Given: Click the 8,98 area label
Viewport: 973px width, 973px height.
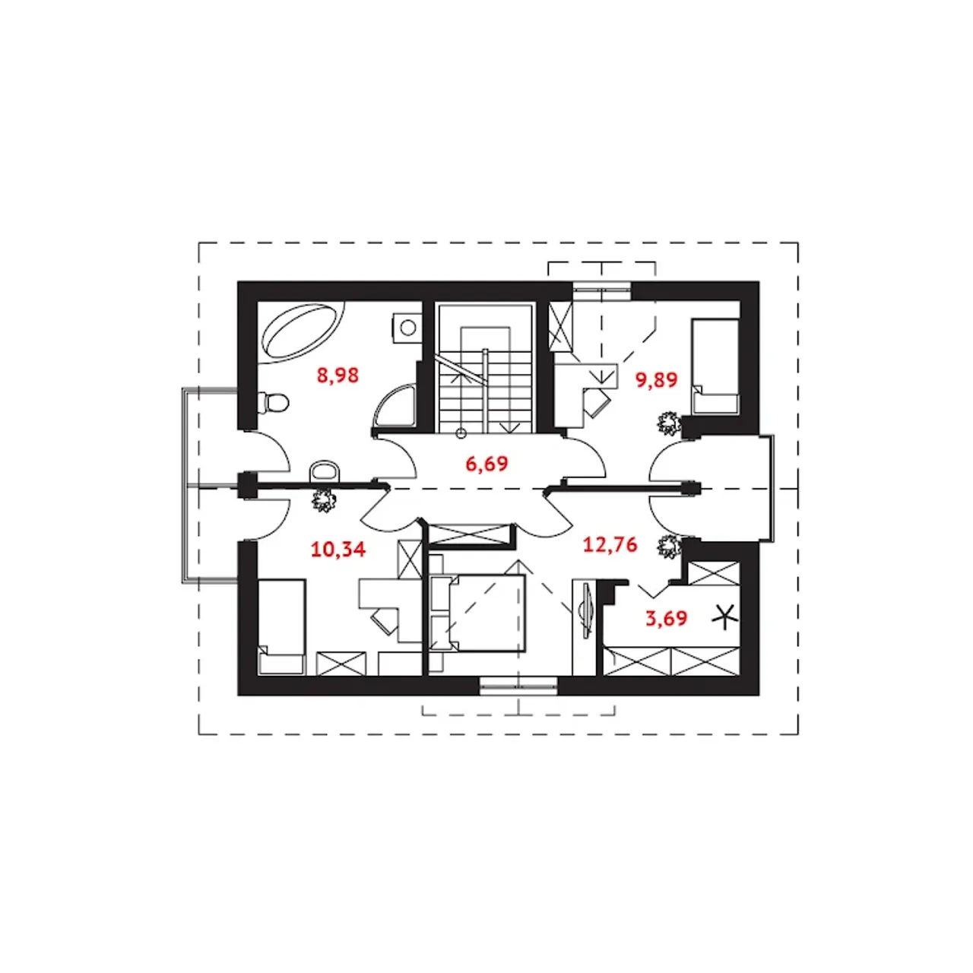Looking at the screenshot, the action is click(338, 376).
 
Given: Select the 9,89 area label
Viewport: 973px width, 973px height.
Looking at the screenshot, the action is click(656, 379).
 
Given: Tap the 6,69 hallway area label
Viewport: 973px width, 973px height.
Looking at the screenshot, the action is click(486, 463).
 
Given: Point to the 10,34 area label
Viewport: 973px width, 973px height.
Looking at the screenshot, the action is click(338, 549).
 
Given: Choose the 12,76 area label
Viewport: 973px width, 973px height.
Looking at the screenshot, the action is click(610, 545).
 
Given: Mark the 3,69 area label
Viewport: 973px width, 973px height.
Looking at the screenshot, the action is click(667, 618).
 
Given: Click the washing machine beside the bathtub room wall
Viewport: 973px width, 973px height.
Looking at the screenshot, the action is click(407, 328).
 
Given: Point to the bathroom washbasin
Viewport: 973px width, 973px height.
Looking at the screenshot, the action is click(325, 471).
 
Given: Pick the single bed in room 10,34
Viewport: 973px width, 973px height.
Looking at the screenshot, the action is click(281, 626).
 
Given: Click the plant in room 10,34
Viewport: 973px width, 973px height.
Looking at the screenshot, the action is click(324, 500).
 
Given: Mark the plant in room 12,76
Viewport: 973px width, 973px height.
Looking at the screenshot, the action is click(670, 546).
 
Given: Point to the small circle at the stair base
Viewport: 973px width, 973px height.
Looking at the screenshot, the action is click(461, 433).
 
